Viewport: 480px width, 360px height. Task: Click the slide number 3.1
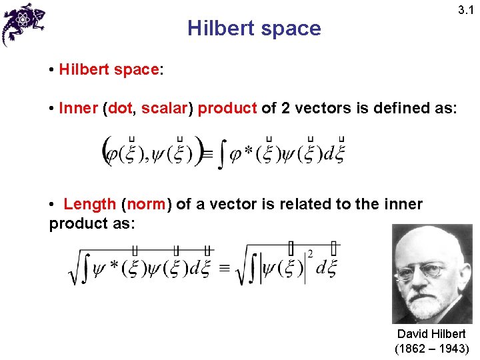[x=465, y=10]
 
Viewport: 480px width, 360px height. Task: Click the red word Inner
[x=78, y=108]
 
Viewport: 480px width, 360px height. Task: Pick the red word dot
[x=119, y=108]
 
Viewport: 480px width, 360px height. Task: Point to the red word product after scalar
[x=227, y=108]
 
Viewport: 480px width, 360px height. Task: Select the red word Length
[x=90, y=204]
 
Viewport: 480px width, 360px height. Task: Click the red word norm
[x=146, y=204]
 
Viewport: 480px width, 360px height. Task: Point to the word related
[x=303, y=204]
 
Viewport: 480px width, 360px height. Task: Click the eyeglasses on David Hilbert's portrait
[x=425, y=270]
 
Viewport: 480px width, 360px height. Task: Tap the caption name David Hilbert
[x=431, y=333]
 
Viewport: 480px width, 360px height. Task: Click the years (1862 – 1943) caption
[x=432, y=348]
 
